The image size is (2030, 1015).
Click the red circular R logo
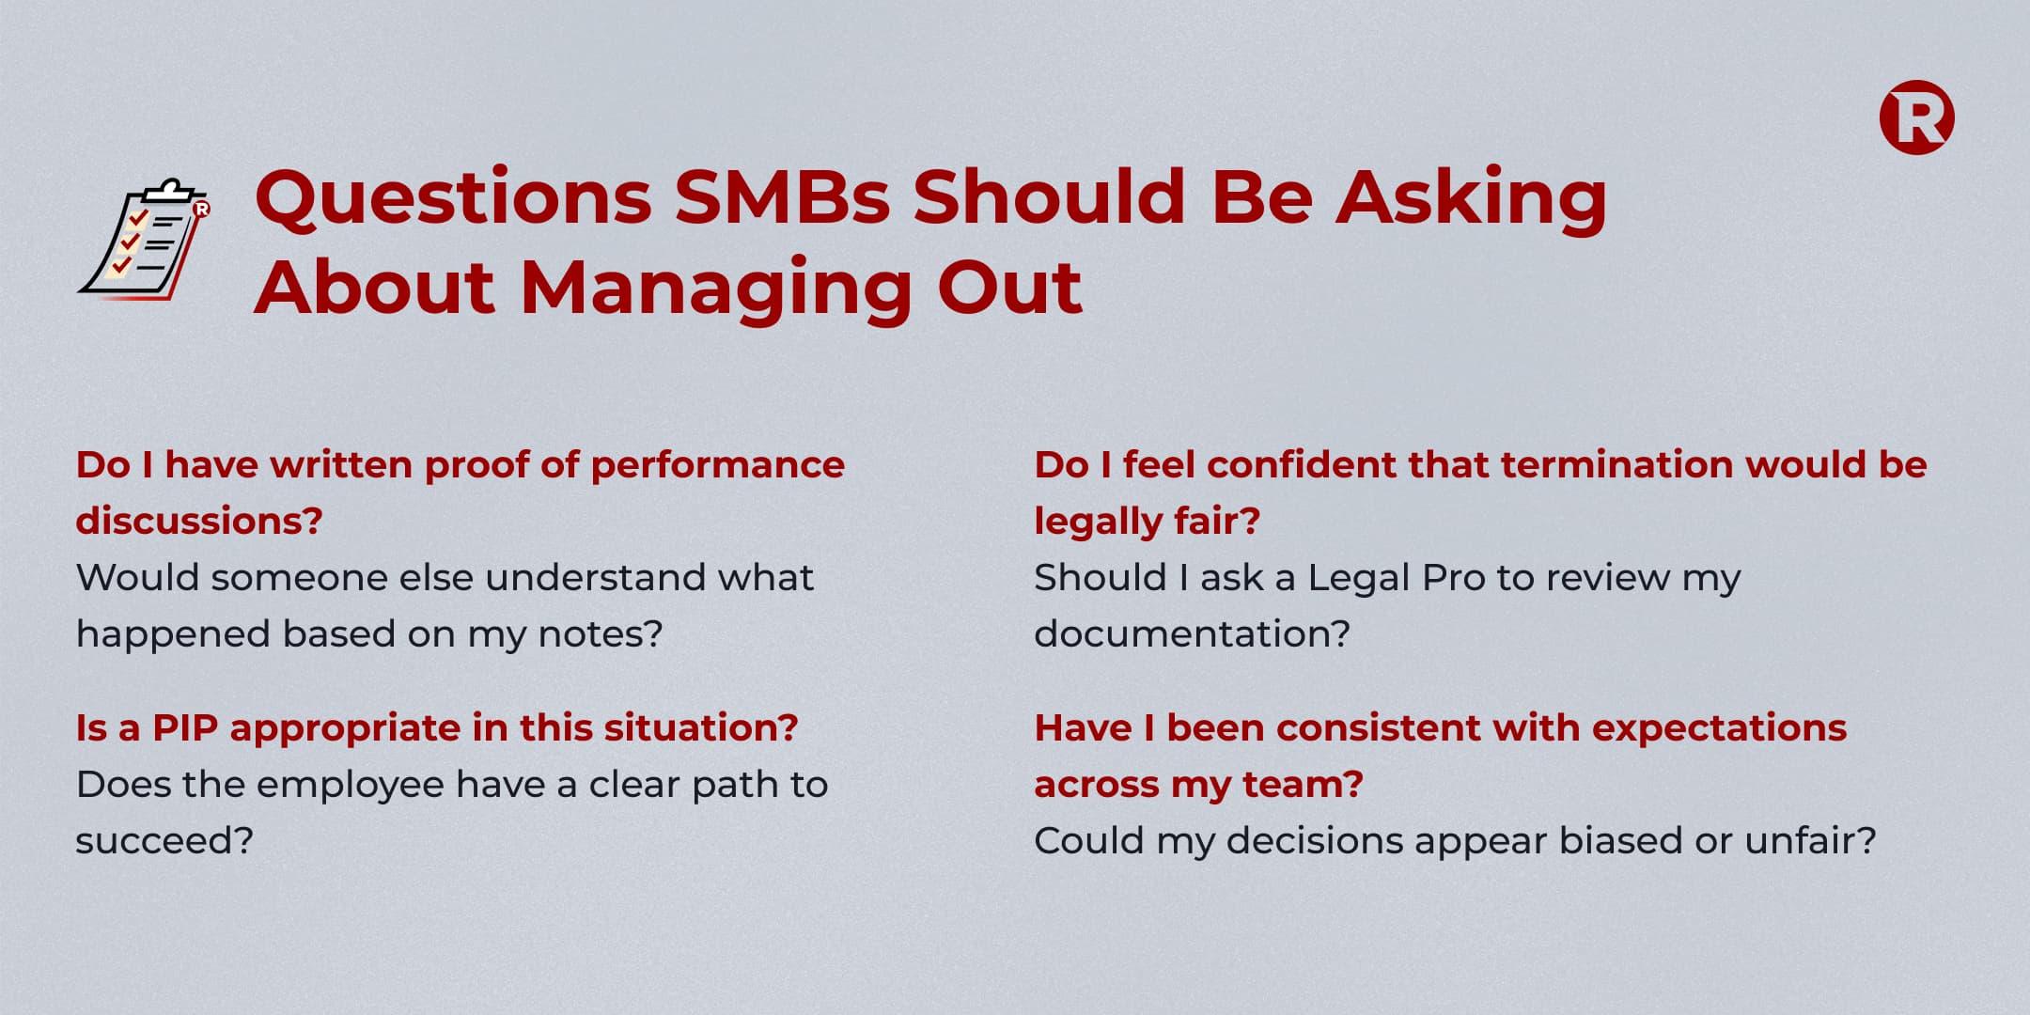click(1916, 117)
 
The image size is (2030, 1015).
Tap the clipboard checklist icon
click(144, 240)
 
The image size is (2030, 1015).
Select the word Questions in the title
click(454, 198)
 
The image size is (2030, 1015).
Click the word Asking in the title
click(1472, 199)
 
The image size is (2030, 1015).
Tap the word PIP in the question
click(184, 728)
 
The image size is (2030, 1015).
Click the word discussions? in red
click(199, 521)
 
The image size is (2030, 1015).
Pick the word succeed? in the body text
click(164, 841)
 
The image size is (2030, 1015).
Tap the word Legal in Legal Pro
click(1359, 578)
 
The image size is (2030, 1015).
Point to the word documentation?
click(1192, 634)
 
